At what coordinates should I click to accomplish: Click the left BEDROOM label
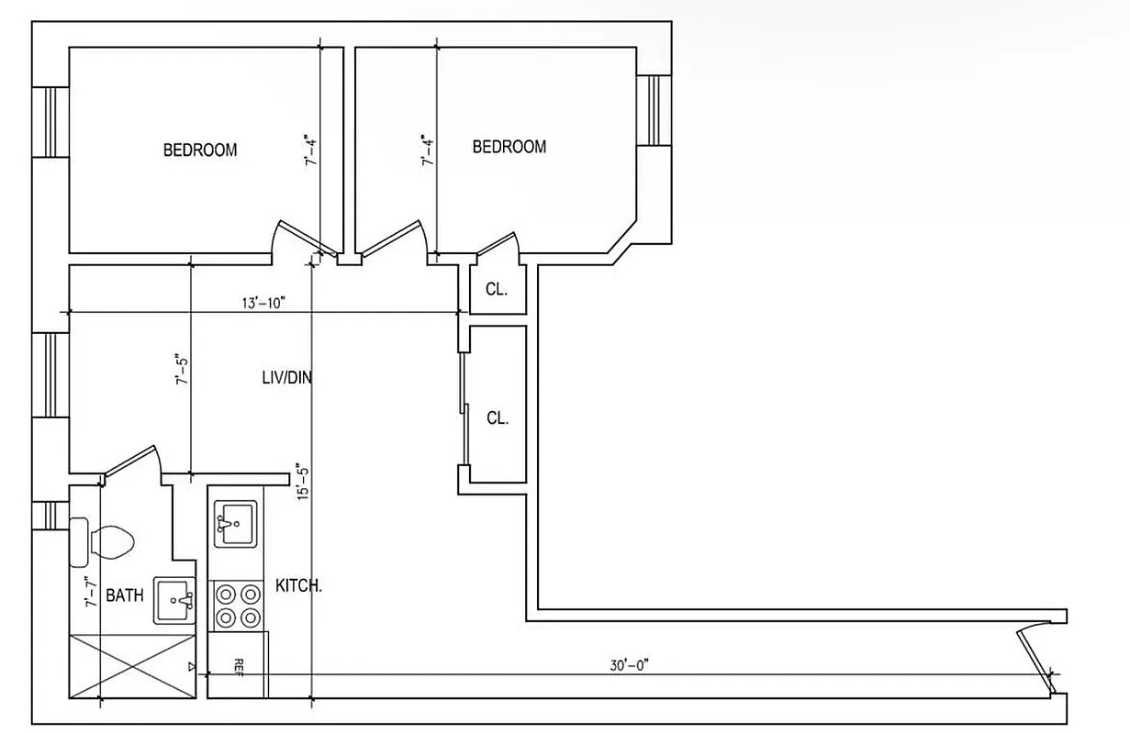pyautogui.click(x=199, y=150)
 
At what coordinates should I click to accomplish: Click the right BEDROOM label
pyautogui.click(x=509, y=147)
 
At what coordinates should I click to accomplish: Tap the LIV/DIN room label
pyautogui.click(x=285, y=377)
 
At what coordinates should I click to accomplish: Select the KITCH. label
pyautogui.click(x=298, y=585)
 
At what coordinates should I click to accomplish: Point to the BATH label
pyautogui.click(x=124, y=595)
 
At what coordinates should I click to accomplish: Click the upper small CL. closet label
pyautogui.click(x=496, y=289)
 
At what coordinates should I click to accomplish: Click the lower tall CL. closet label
pyautogui.click(x=497, y=417)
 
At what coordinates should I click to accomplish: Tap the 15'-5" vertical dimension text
pyautogui.click(x=303, y=481)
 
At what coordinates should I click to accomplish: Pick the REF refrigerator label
pyautogui.click(x=238, y=665)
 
